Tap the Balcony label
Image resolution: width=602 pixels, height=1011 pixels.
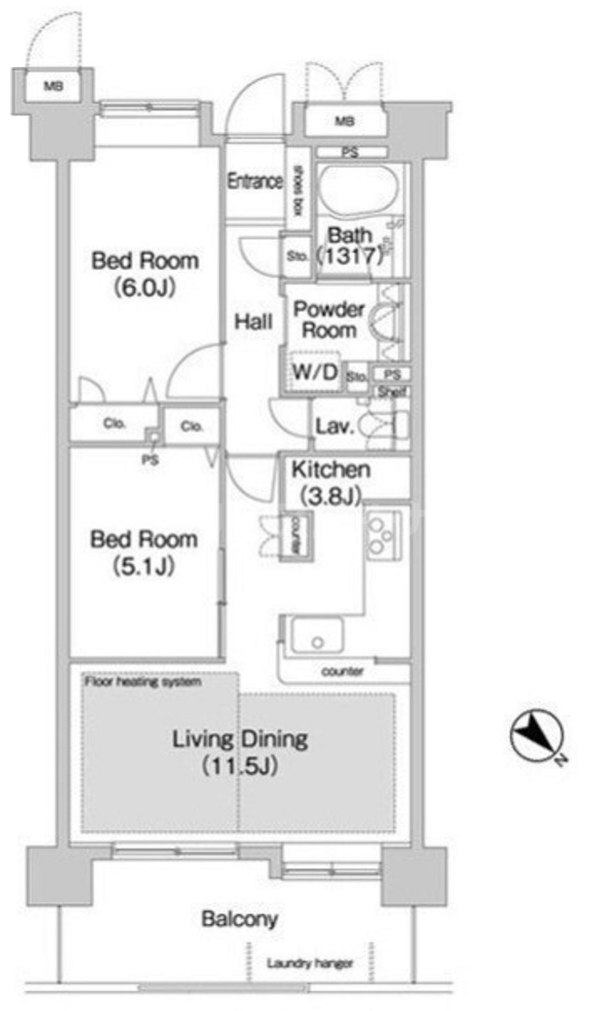tap(239, 918)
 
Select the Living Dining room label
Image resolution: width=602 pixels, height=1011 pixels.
tap(240, 752)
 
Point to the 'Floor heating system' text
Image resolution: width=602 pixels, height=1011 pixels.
tap(143, 681)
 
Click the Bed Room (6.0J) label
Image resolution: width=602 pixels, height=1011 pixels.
tap(145, 274)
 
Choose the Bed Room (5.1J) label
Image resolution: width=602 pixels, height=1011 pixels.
tap(145, 552)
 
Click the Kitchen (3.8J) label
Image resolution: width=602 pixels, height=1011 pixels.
tap(331, 482)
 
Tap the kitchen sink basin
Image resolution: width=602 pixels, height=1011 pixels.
tap(317, 635)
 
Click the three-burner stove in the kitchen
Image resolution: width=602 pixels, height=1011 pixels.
tap(383, 536)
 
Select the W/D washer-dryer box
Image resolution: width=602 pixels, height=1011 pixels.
tap(314, 372)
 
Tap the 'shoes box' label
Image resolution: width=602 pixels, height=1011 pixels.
tap(298, 191)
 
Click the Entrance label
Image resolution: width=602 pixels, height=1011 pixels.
tap(255, 182)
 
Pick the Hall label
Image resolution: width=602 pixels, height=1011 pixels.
tap(253, 322)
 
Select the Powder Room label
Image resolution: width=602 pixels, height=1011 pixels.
tap(329, 320)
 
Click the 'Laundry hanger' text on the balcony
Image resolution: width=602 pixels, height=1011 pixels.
tap(310, 964)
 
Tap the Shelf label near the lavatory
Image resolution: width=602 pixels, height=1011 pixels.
tap(392, 392)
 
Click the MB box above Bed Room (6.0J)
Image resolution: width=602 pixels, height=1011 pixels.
tap(54, 85)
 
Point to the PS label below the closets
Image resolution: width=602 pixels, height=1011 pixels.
tap(150, 460)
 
